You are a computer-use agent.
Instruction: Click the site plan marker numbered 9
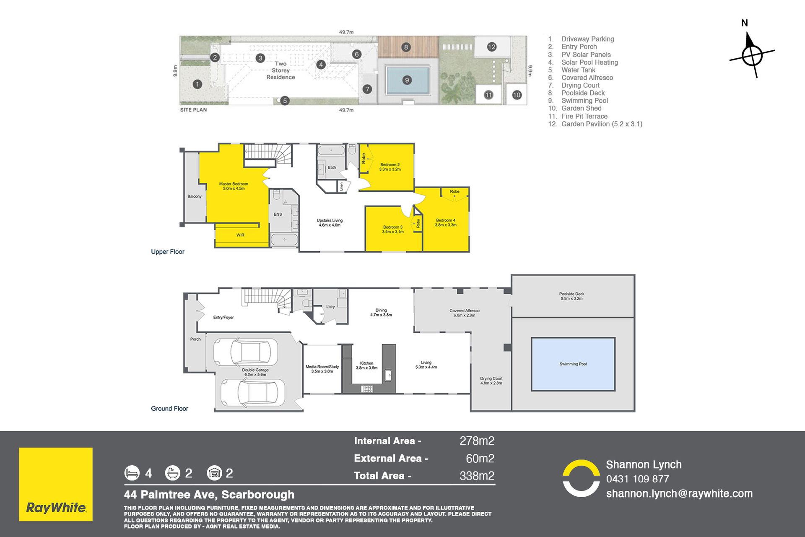(407, 80)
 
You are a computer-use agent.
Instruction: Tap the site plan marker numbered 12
(492, 47)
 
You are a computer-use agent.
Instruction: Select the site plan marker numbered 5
(285, 101)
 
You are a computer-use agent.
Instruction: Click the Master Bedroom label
(234, 186)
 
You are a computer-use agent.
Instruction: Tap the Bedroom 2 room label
(390, 167)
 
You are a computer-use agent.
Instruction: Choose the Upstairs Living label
(330, 223)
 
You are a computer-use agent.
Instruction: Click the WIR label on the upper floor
(240, 235)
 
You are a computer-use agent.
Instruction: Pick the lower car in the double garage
(252, 393)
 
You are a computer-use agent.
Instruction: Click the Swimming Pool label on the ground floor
(573, 364)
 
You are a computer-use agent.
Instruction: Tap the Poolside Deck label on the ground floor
(571, 296)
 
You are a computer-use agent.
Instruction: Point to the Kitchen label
(366, 365)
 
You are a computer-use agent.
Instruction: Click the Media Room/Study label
(322, 369)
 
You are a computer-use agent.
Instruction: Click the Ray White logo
(56, 484)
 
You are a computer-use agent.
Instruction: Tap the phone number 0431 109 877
(637, 479)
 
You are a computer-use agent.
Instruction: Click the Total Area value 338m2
(477, 476)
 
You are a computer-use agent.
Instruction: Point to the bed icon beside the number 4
(132, 473)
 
